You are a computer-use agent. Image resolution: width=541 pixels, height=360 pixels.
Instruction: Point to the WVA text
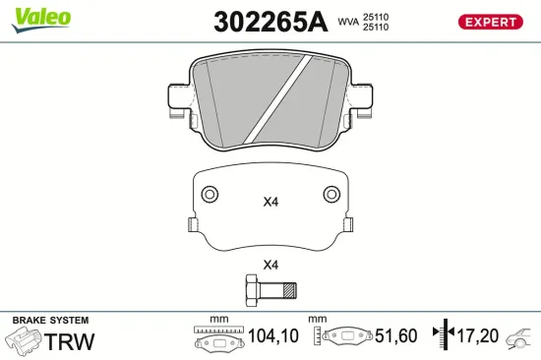tap(348, 21)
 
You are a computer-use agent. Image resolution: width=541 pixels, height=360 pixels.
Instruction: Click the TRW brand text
tap(68, 342)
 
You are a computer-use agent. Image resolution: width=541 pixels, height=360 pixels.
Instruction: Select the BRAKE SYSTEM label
tap(49, 321)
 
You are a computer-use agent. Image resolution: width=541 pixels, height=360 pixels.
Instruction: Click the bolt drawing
tap(270, 290)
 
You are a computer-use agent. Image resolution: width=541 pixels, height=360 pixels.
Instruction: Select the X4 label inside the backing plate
tap(270, 203)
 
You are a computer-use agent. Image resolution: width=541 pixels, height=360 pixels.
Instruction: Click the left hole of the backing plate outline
tap(208, 194)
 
